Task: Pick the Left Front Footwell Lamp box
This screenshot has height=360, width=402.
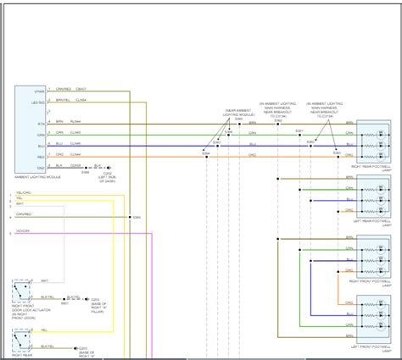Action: pos(373,315)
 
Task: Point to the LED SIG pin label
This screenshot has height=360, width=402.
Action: pos(39,101)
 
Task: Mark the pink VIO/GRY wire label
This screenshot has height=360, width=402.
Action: pos(23,230)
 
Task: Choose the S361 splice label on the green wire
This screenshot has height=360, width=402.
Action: pos(299,130)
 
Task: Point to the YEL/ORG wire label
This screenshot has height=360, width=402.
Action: pos(25,192)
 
